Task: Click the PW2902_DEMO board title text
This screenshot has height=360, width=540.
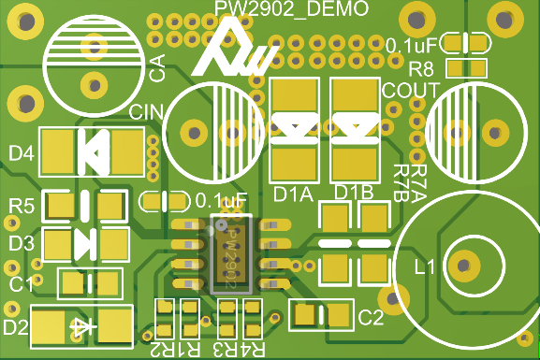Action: (x=291, y=8)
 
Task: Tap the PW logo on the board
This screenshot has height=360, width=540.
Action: (x=236, y=49)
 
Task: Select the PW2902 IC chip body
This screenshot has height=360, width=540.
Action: (x=231, y=254)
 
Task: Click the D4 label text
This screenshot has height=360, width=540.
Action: (x=22, y=153)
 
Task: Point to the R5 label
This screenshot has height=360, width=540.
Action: (x=22, y=206)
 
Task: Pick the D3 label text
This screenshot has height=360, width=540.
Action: (x=22, y=243)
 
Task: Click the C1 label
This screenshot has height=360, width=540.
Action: (x=22, y=284)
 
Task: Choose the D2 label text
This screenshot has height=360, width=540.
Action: (x=16, y=326)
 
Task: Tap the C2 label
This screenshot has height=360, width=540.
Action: (x=371, y=317)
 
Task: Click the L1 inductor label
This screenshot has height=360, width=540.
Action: (x=425, y=266)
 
